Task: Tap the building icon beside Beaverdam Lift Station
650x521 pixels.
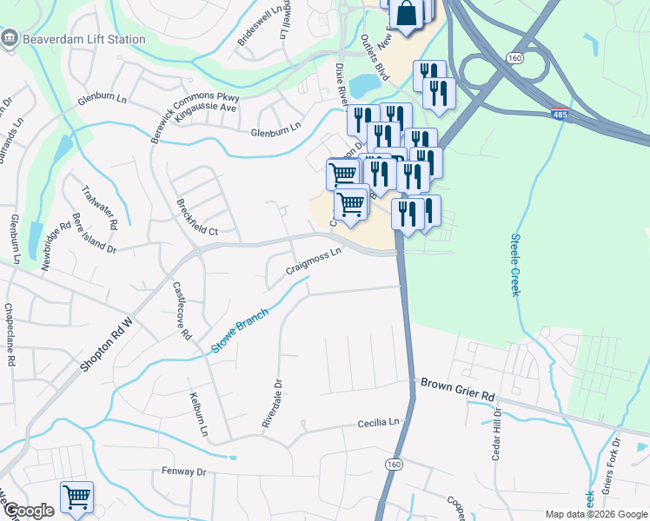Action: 10,37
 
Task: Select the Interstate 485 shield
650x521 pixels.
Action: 560,114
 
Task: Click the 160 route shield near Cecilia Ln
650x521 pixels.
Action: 395,465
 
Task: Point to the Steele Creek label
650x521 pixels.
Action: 515,266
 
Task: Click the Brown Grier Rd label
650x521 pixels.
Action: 458,388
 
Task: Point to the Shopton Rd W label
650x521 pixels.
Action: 108,343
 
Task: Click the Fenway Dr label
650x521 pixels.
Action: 182,472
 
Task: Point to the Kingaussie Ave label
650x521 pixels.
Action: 205,109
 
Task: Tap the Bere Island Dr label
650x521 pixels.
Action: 95,235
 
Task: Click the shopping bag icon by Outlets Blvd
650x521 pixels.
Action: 406,13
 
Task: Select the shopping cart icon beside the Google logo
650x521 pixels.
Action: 76,498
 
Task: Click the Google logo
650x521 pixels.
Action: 28,511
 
